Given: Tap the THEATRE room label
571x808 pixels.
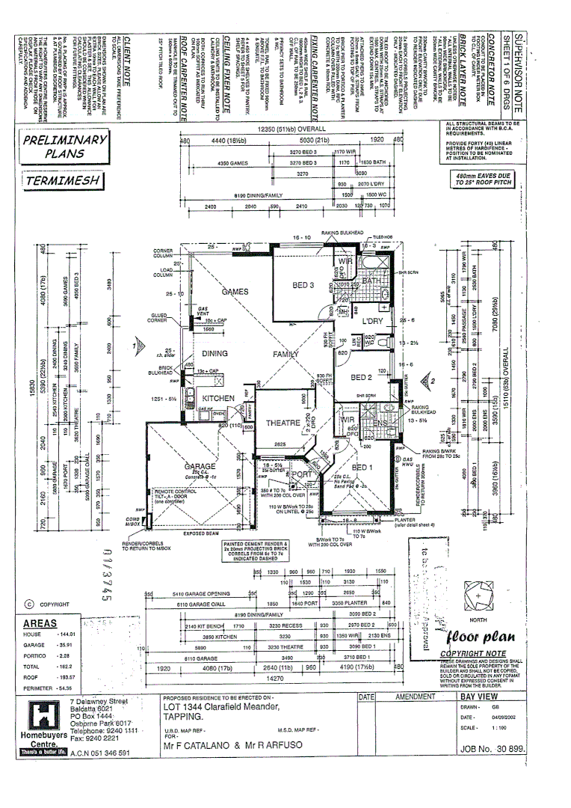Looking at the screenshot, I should (x=283, y=423).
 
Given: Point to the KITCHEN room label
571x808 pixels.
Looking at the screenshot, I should (x=217, y=398).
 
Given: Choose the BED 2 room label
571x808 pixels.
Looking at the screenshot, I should (x=361, y=377).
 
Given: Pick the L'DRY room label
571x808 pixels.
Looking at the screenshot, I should (x=372, y=321).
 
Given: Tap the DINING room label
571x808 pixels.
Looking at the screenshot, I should (x=214, y=354).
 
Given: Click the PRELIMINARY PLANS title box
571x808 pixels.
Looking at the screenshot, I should (x=65, y=147).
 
